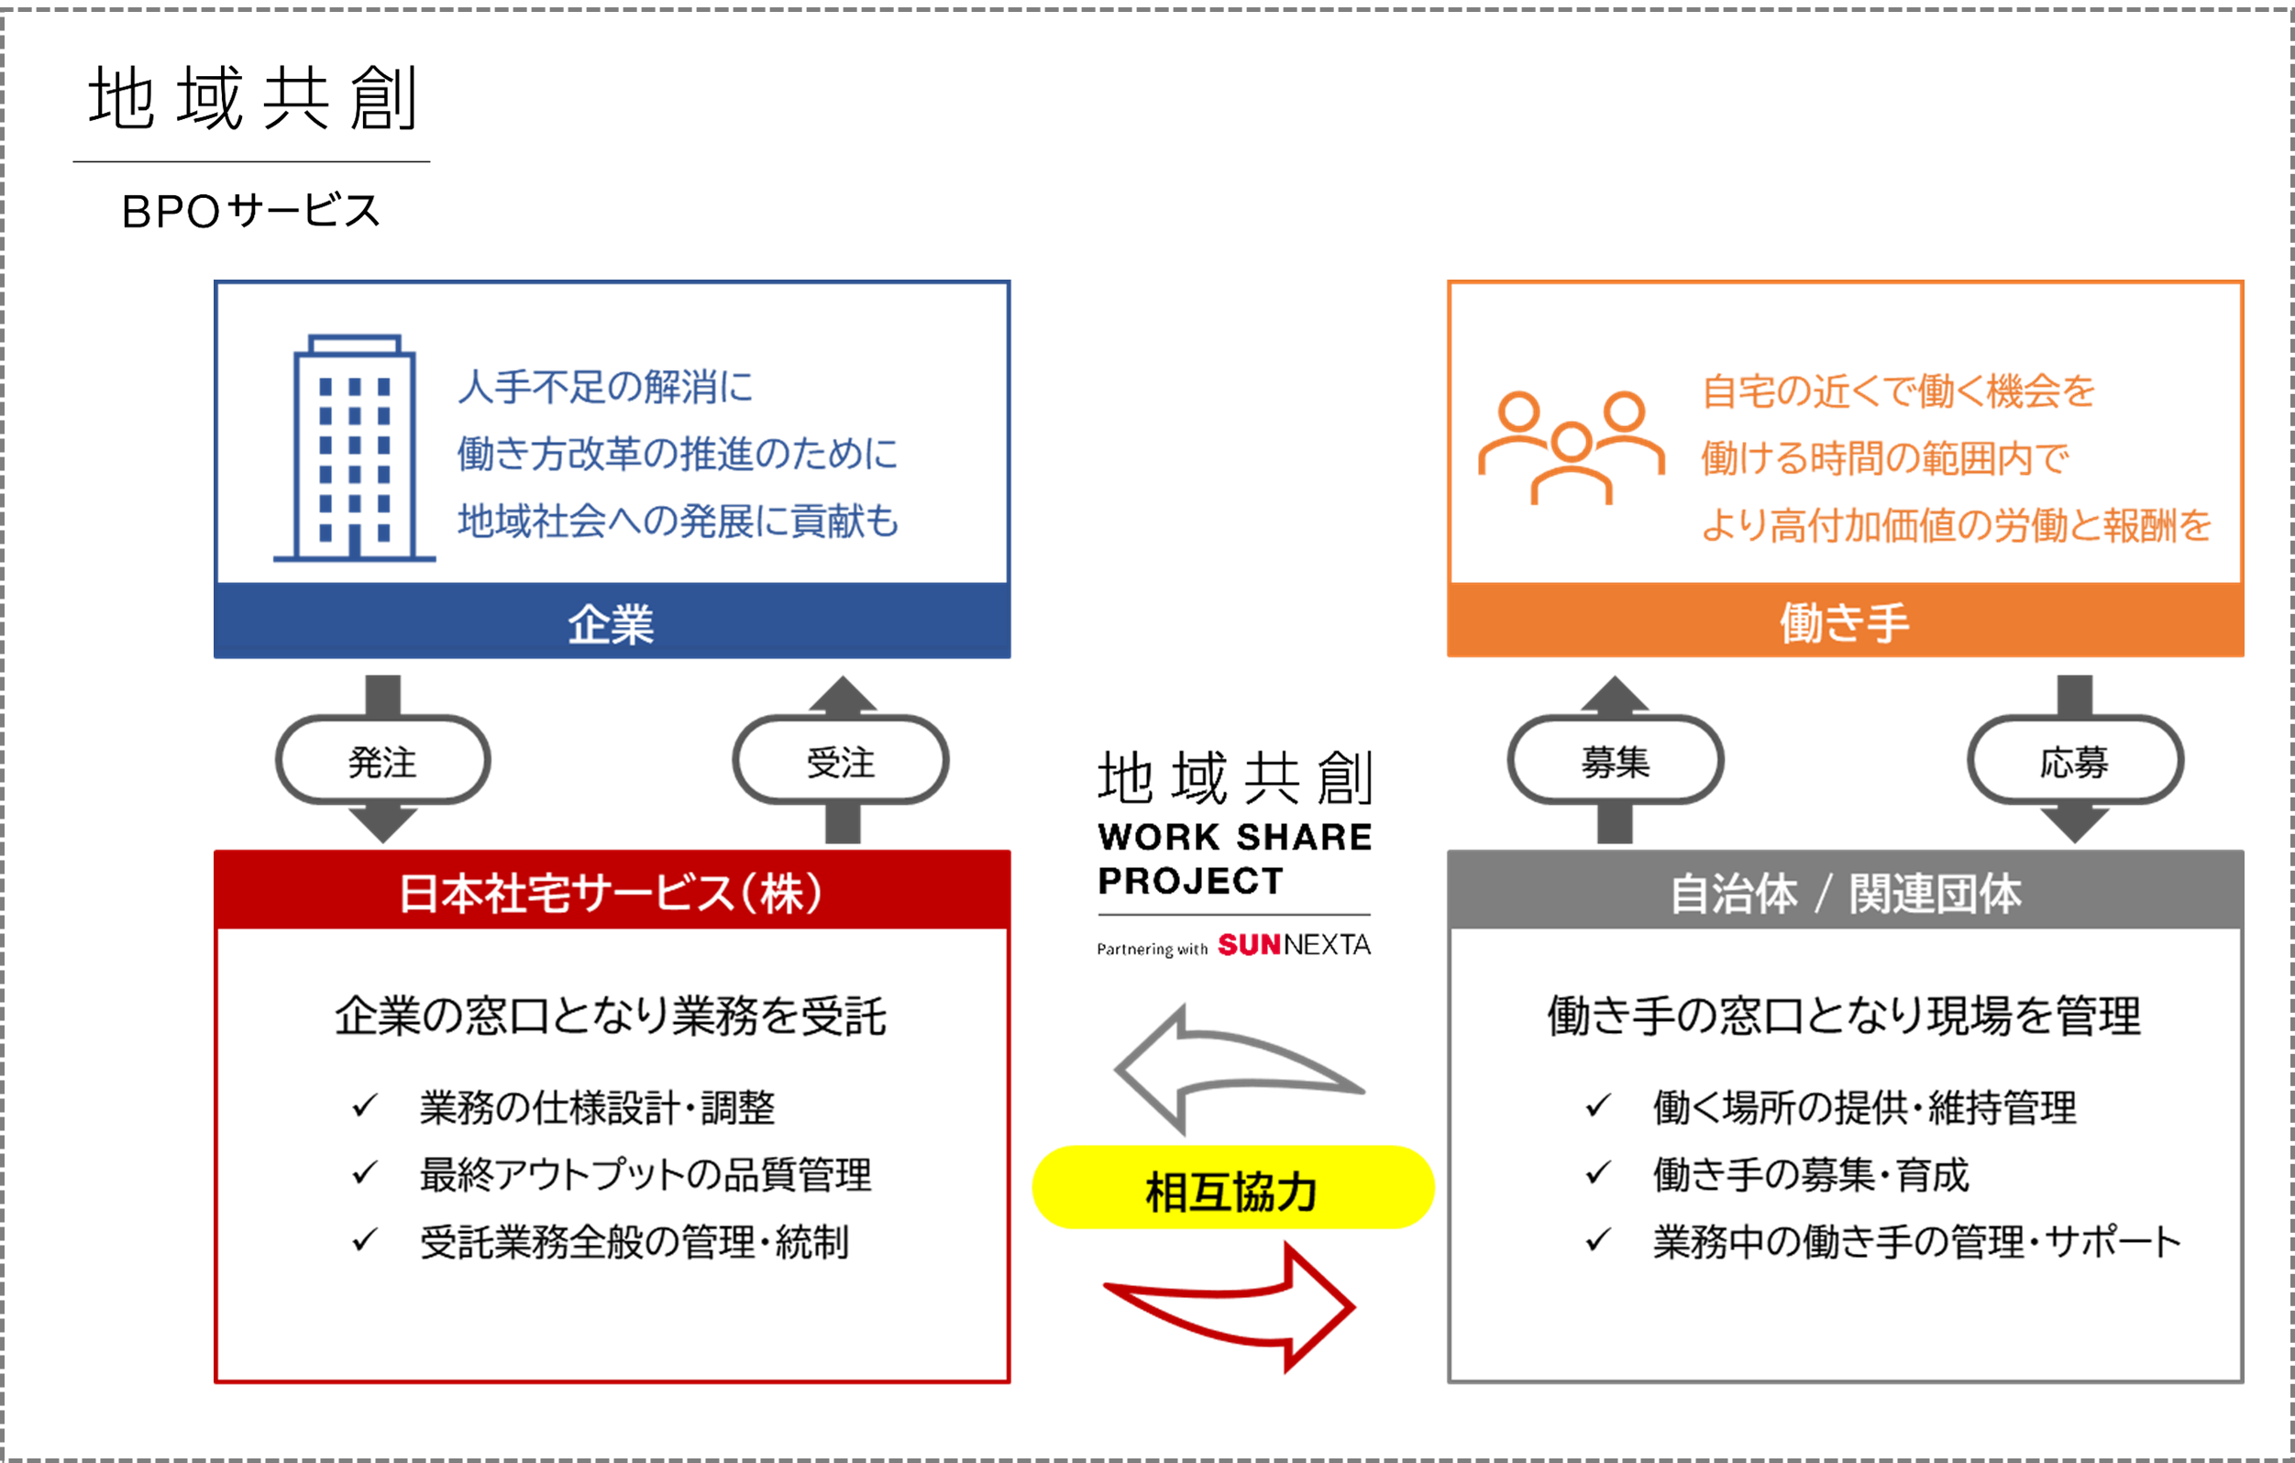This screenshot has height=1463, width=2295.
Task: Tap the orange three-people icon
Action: pos(1571,446)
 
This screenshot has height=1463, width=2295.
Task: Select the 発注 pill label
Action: pos(382,762)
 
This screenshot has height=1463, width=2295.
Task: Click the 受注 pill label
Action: pos(840,762)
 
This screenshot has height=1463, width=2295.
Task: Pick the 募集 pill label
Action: pos(1615,762)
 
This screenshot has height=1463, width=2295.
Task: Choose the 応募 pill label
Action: pos(2074,762)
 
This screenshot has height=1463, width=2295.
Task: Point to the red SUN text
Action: pos(1249,944)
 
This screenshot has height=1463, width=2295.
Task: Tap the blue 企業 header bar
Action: pos(612,623)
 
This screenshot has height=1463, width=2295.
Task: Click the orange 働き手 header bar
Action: pos(1844,622)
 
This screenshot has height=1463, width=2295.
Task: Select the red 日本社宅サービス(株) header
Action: pos(612,892)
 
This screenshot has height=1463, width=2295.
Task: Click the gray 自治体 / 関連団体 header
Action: pos(1844,892)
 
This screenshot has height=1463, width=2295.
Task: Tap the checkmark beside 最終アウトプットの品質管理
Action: pos(364,1172)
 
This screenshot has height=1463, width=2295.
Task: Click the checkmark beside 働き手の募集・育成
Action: pos(1597,1172)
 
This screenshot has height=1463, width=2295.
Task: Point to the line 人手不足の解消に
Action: pos(606,387)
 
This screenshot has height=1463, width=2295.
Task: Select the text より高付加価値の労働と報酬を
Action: pos(1956,524)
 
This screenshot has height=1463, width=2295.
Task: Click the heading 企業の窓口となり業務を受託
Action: pos(610,1015)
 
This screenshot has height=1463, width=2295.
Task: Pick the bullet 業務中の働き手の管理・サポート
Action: pos(1915,1241)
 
